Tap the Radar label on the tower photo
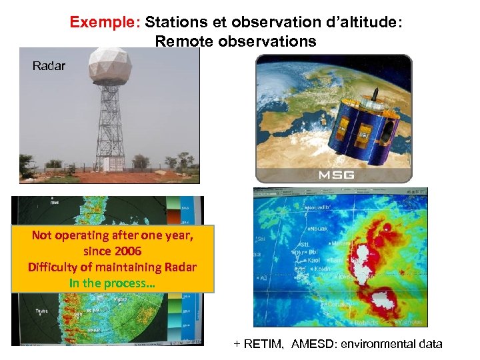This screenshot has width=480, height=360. click(x=49, y=66)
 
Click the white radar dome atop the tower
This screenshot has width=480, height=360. click(x=110, y=66)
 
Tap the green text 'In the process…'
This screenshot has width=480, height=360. click(x=111, y=283)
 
